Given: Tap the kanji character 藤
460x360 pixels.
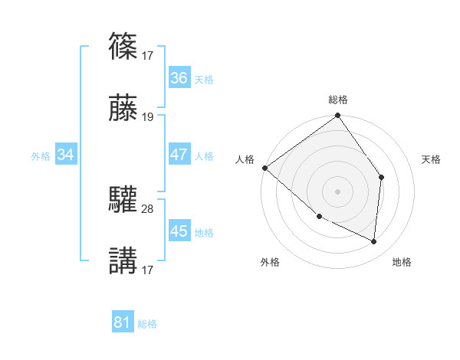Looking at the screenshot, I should click(123, 109).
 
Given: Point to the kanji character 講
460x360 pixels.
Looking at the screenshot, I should click(123, 260).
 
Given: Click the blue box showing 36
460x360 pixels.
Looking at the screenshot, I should click(179, 78).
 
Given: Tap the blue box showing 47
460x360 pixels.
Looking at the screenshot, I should click(179, 155).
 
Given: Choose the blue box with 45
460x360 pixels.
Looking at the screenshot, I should click(179, 231).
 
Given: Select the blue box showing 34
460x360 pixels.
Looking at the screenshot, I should click(66, 155).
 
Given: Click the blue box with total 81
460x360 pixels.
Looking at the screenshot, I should click(123, 322).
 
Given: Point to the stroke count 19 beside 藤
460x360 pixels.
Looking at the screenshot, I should click(148, 117).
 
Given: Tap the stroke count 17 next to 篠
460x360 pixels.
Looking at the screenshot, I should click(148, 55).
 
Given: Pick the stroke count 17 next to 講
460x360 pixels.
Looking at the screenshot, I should click(148, 270).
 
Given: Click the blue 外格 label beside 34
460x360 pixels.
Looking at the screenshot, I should click(41, 156).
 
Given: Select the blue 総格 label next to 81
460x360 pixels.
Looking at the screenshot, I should click(147, 324).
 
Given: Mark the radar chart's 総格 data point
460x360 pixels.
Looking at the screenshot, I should click(337, 116).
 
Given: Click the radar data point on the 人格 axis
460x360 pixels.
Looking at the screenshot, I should click(264, 168).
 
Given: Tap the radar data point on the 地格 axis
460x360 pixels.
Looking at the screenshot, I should click(374, 241).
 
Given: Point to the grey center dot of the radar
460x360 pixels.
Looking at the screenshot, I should click(337, 191).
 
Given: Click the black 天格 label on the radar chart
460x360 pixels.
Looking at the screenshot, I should click(431, 159).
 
